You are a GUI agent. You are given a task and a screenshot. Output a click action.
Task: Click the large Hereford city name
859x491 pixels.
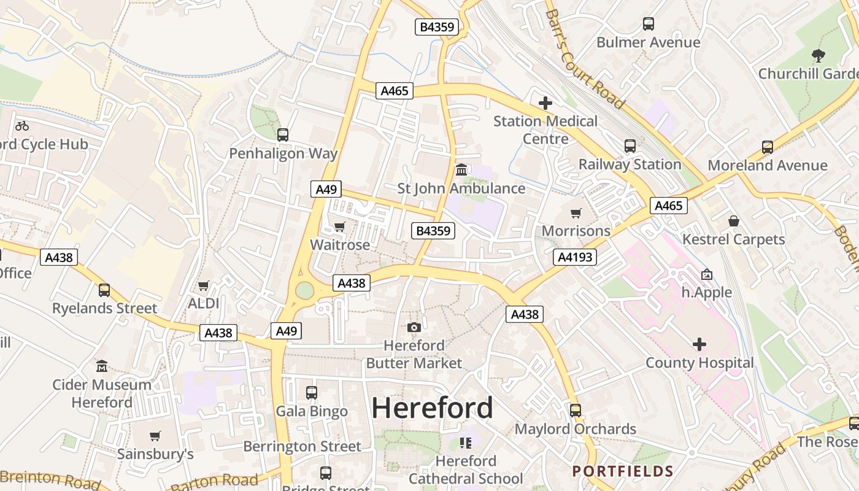[x=432, y=408]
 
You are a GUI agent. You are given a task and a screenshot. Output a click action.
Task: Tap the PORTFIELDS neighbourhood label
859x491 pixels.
[x=623, y=471]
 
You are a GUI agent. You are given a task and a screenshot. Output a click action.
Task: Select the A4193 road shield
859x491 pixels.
[x=574, y=257]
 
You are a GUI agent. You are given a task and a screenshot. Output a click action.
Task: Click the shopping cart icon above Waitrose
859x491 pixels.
[x=339, y=226]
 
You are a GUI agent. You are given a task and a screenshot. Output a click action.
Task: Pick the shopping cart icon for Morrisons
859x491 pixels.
[x=576, y=213]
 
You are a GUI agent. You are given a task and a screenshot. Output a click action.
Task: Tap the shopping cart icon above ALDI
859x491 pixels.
[x=204, y=285]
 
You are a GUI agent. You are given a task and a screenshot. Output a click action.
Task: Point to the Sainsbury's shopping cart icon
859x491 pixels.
[x=155, y=436]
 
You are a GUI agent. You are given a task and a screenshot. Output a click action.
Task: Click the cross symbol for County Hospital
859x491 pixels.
[x=699, y=344]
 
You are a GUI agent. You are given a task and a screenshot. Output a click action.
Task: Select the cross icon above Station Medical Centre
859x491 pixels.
[x=545, y=103]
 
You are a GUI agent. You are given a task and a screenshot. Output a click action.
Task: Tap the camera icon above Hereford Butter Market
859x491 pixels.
[x=414, y=327]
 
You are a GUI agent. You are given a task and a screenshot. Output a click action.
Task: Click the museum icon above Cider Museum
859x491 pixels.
[x=102, y=366]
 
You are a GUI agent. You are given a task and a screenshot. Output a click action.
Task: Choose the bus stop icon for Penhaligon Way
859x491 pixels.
[x=283, y=135]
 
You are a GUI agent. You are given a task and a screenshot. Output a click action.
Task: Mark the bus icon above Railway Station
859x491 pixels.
[x=630, y=146]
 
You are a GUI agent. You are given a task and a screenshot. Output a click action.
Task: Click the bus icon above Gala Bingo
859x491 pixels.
[x=312, y=393]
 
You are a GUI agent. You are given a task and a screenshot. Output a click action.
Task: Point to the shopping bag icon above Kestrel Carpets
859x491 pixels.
[x=733, y=221]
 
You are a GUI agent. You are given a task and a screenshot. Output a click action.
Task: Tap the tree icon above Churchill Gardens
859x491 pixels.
[x=818, y=56]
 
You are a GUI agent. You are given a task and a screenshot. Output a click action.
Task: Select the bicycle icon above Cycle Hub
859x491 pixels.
[x=22, y=126]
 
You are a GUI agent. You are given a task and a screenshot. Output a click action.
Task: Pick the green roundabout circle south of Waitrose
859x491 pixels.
[x=304, y=290]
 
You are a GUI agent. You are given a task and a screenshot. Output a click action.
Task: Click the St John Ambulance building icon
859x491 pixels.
[x=461, y=169]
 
